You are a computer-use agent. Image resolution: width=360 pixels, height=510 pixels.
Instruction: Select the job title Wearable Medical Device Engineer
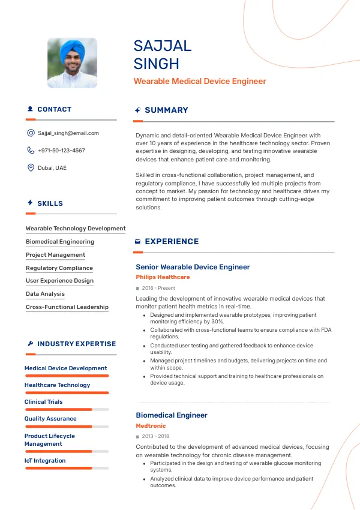[200, 81]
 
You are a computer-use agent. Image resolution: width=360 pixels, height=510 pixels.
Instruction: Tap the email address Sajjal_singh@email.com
[68, 133]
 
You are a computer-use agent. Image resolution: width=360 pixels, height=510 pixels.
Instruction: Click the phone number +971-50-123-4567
[61, 151]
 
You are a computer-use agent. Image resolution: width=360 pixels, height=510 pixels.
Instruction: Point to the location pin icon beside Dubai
[31, 167]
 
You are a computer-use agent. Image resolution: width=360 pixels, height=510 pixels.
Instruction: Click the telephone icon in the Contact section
[31, 151]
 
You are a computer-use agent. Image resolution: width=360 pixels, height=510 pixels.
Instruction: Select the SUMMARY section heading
[166, 110]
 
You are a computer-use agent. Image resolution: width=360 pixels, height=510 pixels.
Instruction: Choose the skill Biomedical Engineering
[60, 242]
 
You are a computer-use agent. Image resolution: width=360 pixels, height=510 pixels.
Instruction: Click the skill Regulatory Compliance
[59, 268]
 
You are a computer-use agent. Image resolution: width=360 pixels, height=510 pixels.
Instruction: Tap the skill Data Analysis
[45, 294]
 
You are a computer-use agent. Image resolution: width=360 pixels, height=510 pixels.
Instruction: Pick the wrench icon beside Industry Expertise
[31, 344]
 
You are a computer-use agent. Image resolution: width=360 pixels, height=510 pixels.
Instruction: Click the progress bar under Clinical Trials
[67, 410]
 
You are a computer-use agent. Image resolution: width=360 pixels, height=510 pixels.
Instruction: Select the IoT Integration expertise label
[45, 461]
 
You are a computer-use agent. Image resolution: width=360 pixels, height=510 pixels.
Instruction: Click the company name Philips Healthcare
[163, 277]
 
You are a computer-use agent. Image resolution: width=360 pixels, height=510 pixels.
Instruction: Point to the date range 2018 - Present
[158, 289]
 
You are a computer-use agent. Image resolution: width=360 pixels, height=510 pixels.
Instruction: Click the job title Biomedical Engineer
[172, 415]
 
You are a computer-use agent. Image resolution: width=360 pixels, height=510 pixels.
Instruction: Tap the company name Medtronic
[151, 426]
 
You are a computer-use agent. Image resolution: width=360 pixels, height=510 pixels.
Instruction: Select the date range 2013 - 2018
[155, 437]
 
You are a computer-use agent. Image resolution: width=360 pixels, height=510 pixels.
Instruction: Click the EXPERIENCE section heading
[172, 242]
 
